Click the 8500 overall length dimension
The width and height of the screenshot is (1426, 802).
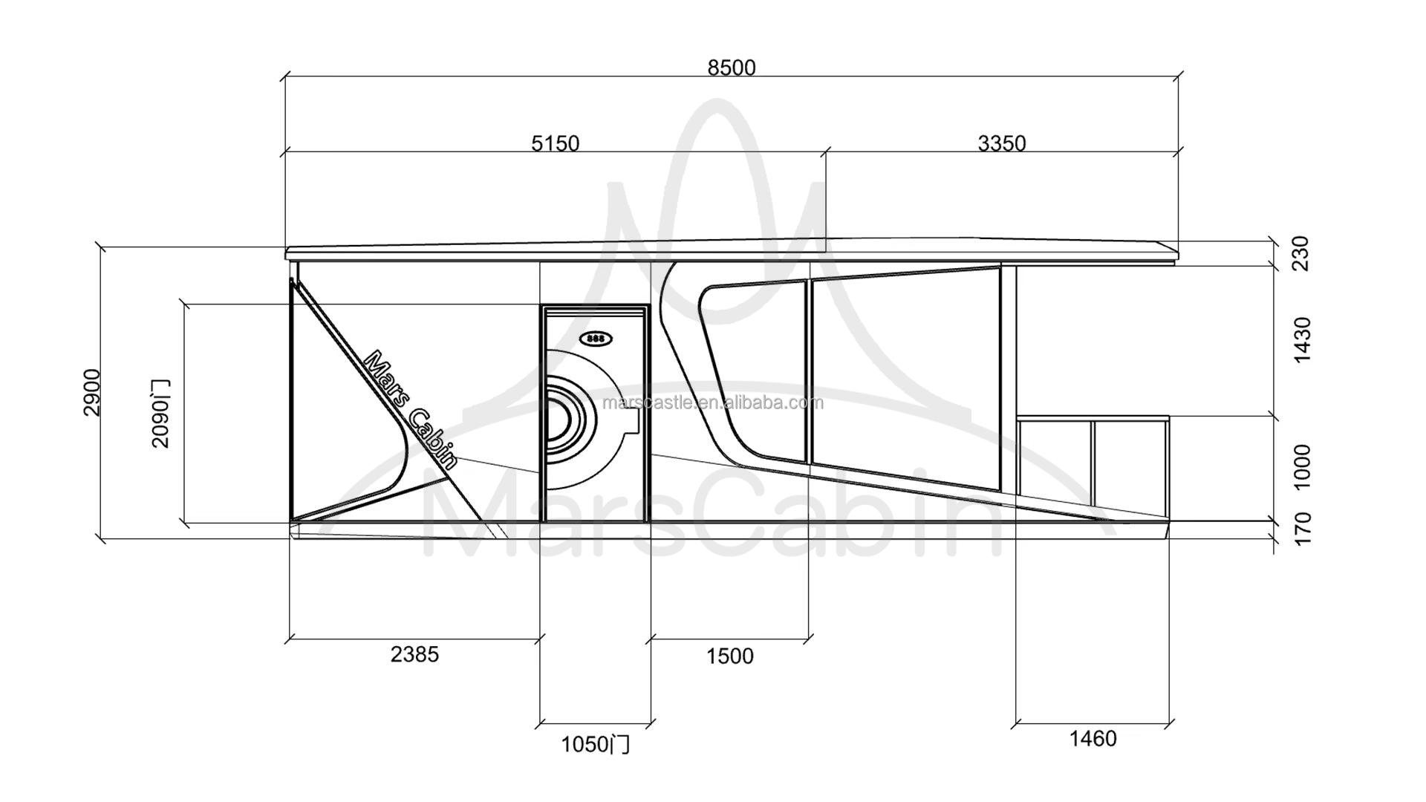tap(731, 68)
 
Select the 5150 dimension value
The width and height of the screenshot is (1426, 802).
tap(555, 143)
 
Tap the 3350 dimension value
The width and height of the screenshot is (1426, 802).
tap(1001, 143)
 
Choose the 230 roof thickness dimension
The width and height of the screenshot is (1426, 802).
tap(1302, 253)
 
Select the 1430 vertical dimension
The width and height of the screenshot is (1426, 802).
tap(1302, 339)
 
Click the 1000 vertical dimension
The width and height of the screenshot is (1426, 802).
tap(1302, 467)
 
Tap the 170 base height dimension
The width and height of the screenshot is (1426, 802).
tap(1302, 528)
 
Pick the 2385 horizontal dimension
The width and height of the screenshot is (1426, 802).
tap(414, 654)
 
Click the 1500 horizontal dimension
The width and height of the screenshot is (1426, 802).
tap(729, 656)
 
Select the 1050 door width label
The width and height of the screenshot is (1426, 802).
tap(594, 744)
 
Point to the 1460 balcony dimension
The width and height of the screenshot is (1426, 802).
tap(1093, 738)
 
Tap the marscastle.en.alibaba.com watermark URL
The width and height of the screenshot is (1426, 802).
tap(714, 402)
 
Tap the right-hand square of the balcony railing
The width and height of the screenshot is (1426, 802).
tap(1130, 464)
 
